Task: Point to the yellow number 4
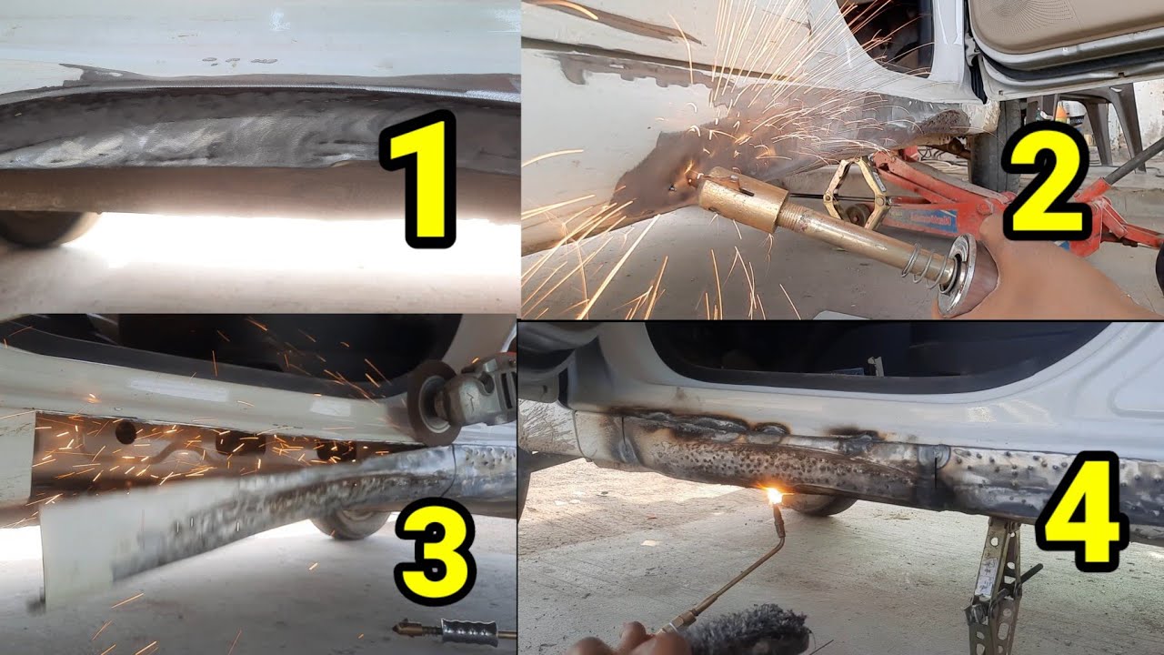click(x=1082, y=511)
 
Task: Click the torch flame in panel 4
click(x=775, y=496)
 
